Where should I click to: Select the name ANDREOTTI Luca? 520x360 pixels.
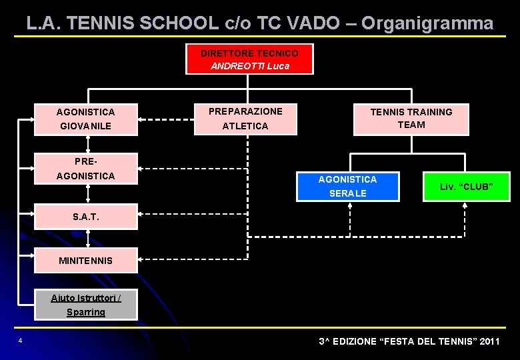(x=249, y=66)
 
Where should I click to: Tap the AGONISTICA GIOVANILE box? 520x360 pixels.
(x=85, y=119)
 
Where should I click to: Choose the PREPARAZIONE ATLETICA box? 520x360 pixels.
(x=245, y=119)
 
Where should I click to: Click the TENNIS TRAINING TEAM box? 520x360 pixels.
(x=411, y=119)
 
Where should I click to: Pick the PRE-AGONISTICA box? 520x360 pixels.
(x=85, y=168)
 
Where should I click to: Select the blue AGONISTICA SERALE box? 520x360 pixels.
(x=347, y=186)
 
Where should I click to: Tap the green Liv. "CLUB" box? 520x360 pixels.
(x=466, y=186)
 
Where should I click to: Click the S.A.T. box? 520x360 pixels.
(x=85, y=217)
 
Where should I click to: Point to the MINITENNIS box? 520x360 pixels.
(x=85, y=260)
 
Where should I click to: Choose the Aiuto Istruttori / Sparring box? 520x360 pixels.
(x=85, y=305)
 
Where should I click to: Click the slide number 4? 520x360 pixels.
(x=20, y=341)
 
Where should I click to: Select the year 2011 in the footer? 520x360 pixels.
(x=488, y=341)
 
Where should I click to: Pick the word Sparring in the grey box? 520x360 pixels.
(x=85, y=312)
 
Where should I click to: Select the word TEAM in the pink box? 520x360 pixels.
(x=411, y=125)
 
